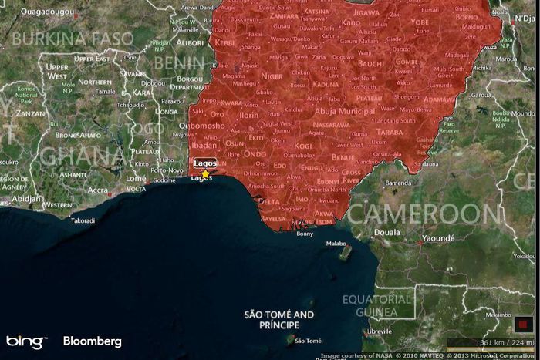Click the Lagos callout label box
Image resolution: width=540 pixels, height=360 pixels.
pos(204,163)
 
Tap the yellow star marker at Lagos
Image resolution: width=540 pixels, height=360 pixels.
pos(206,173)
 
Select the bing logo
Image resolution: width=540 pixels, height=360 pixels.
pos(25,341)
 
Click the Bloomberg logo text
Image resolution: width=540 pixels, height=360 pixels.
pos(92,341)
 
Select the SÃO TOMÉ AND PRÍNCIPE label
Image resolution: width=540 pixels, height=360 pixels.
pos(279,320)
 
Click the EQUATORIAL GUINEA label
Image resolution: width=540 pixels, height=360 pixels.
pos(378,305)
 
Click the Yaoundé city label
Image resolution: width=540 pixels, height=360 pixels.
pos(438,239)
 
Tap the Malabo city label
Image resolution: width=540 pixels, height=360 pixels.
pos(336,243)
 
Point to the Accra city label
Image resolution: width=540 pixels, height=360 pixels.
pos(98,190)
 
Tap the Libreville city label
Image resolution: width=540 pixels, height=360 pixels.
pos(378,331)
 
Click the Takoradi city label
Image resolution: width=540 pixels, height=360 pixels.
pos(83,220)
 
